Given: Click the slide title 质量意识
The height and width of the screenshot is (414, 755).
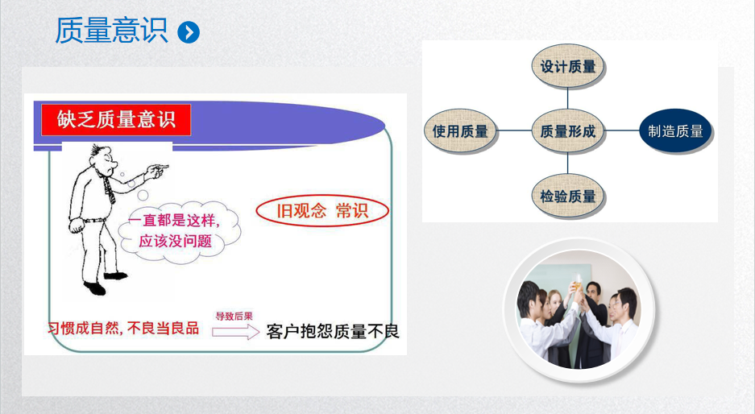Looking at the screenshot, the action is (111, 31).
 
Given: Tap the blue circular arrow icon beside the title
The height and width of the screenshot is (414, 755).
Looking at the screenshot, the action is (189, 32).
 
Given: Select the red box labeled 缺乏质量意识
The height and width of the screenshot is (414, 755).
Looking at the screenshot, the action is (116, 119).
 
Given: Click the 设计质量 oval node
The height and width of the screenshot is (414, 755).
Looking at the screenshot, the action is (568, 66).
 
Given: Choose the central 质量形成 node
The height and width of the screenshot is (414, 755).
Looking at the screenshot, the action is (568, 131).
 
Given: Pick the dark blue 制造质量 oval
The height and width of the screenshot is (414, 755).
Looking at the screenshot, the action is (675, 131).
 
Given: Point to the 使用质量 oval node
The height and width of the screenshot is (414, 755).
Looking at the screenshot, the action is (460, 131).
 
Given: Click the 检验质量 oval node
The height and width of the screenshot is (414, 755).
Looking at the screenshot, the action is (568, 196).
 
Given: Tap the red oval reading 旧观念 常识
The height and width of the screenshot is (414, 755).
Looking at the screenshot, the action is (322, 211).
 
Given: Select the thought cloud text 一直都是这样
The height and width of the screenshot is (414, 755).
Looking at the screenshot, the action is (174, 221).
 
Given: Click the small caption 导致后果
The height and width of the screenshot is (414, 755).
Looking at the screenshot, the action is (234, 317).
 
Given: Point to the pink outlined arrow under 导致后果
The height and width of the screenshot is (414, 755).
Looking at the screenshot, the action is (236, 332).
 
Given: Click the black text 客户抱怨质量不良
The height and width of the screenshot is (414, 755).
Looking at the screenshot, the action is (333, 332).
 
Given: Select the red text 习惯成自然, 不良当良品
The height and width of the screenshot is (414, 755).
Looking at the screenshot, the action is (123, 329).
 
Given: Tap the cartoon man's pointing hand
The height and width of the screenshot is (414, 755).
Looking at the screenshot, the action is (156, 171).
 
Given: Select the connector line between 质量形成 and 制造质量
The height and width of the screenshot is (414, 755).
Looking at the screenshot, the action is (621, 130).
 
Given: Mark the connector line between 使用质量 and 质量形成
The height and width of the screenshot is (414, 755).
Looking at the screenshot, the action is (514, 130).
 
